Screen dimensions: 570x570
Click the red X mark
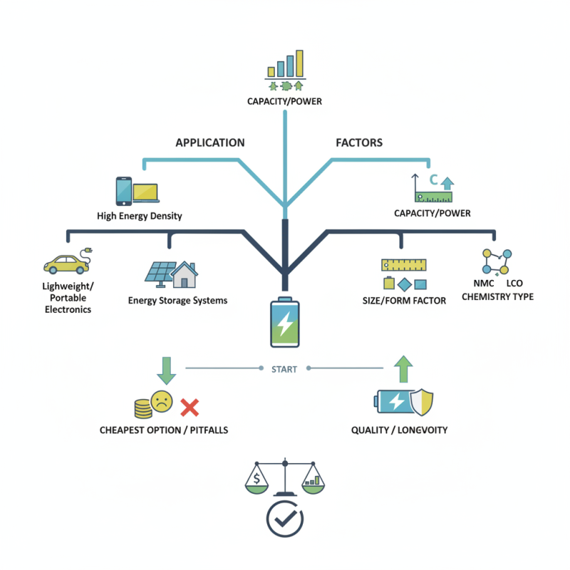pyautogui.click(x=189, y=408)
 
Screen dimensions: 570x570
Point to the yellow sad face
pyautogui.click(x=162, y=400)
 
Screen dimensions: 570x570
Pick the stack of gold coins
pyautogui.click(x=142, y=408)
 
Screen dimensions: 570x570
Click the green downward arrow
pyautogui.click(x=166, y=369)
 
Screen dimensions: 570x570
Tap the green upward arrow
pyautogui.click(x=403, y=369)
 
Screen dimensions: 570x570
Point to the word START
pyautogui.click(x=284, y=369)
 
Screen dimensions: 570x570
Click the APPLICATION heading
pyautogui.click(x=210, y=142)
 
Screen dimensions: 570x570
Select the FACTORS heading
pyautogui.click(x=359, y=142)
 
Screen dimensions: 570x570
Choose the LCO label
pyautogui.click(x=514, y=284)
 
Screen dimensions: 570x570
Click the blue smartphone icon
pyautogui.click(x=123, y=191)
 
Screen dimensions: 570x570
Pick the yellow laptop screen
pyautogui.click(x=145, y=192)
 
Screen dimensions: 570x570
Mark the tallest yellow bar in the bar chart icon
pyautogui.click(x=300, y=63)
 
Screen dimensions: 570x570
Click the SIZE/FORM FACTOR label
pyautogui.click(x=404, y=301)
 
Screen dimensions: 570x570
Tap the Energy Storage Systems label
pyautogui.click(x=177, y=301)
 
